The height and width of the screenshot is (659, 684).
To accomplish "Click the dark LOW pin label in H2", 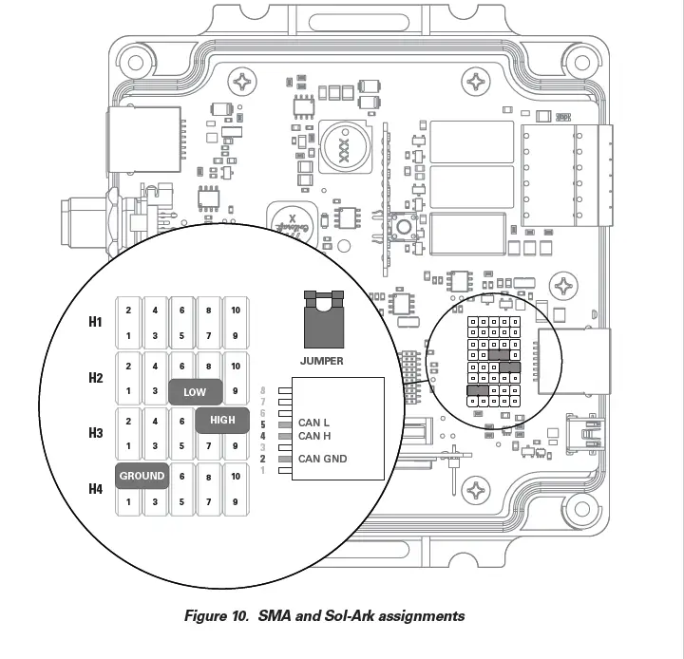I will pos(195,392).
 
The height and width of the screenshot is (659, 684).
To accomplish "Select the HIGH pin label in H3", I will pos(222,421).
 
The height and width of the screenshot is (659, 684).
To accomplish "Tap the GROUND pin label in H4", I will pos(142,476).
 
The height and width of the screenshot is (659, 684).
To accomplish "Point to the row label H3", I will pos(95,433).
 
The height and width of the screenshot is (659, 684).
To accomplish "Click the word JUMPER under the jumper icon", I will pos(322,361).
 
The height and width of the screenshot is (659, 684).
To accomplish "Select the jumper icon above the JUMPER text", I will pos(322,321).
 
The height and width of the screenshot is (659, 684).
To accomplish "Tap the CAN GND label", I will pos(322,459).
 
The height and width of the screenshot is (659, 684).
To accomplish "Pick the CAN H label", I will pos(313,436).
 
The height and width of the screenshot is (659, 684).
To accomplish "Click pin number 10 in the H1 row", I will pos(235,311).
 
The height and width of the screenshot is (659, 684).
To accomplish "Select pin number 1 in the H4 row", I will pos(128,500).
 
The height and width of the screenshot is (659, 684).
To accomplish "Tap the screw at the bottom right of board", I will pos(473,489).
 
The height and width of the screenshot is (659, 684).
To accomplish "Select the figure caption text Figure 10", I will pos(217,615).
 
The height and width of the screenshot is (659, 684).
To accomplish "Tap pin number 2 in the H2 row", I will pos(128,366).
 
